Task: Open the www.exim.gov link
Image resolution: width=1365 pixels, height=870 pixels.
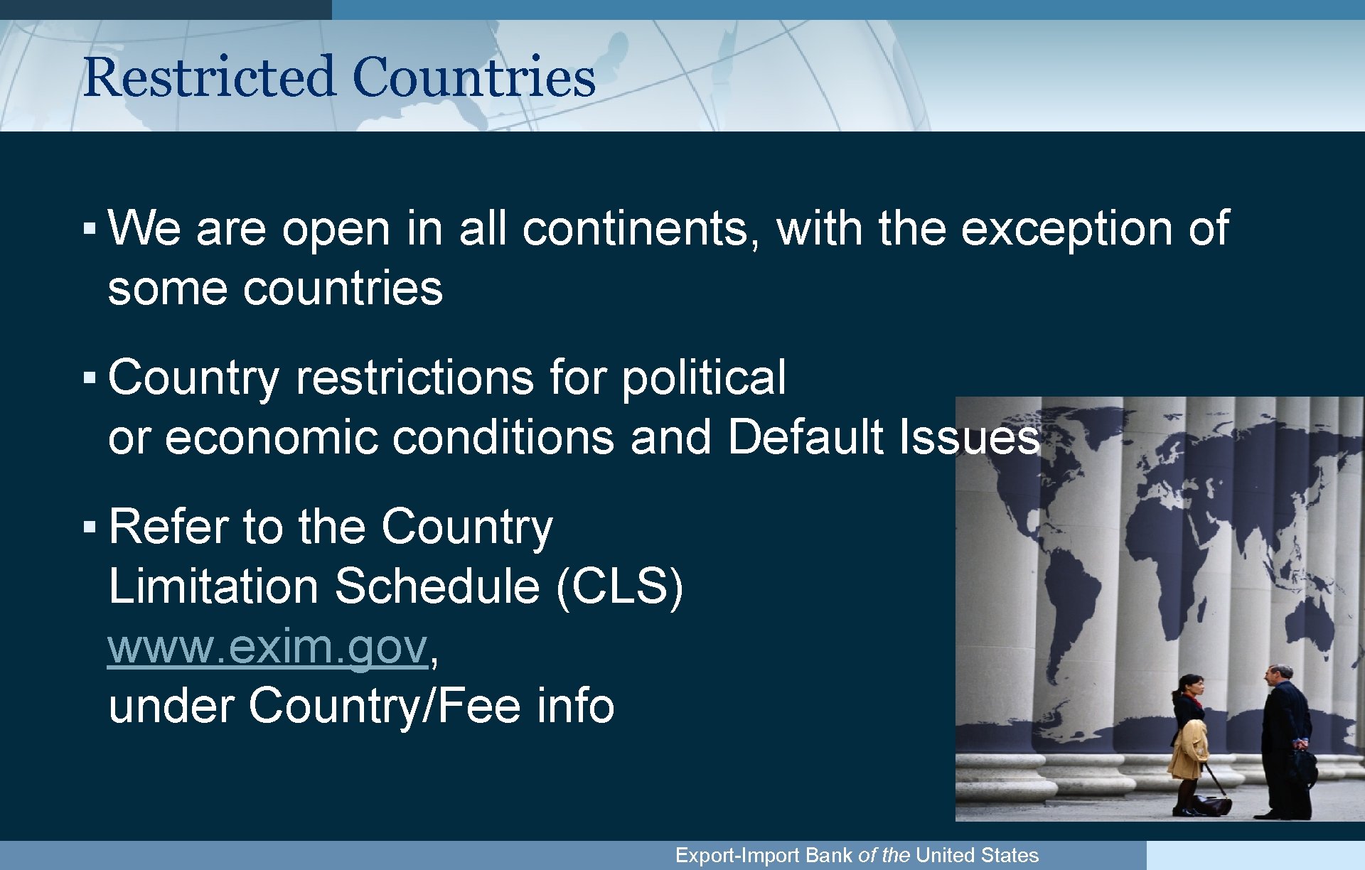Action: click(x=267, y=647)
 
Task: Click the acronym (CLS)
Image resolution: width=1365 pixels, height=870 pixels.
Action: click(x=619, y=587)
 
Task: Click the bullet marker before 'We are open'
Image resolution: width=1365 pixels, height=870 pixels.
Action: click(x=89, y=229)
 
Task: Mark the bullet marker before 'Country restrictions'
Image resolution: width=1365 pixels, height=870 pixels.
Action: click(x=89, y=377)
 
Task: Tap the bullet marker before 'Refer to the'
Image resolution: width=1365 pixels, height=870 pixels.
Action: click(x=89, y=527)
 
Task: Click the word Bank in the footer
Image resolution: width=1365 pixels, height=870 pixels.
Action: click(x=828, y=855)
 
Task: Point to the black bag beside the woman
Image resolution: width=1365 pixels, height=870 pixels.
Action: click(x=1211, y=804)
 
